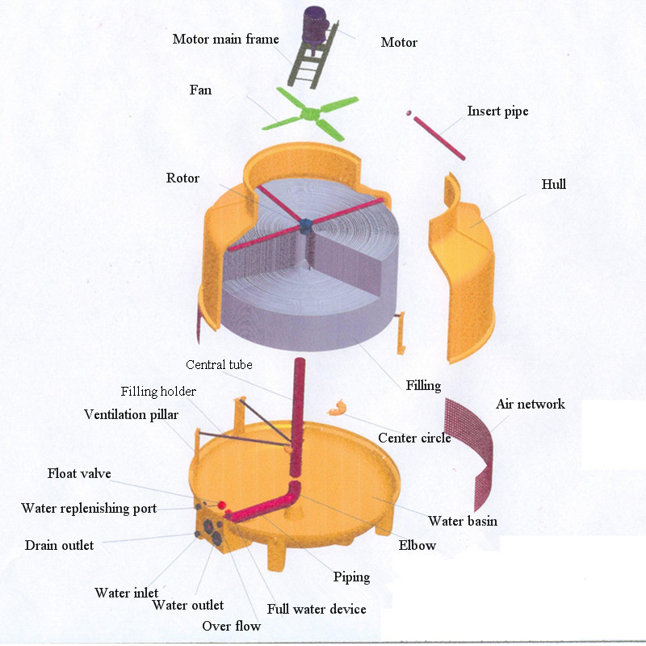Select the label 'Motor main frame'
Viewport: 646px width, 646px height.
point(225,39)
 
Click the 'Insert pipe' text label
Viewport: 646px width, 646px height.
point(497,111)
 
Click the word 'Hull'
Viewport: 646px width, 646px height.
point(553,184)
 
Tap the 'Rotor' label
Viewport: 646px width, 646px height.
point(182,178)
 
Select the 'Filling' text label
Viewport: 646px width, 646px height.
point(423,385)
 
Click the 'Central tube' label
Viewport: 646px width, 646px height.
point(219,365)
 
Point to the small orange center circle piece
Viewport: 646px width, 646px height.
point(337,408)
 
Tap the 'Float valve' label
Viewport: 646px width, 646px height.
point(79,473)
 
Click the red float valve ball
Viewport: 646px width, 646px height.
point(212,504)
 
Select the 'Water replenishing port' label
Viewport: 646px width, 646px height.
point(89,508)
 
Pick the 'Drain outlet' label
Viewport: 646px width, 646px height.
point(59,545)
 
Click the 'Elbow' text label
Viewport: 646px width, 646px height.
point(417,545)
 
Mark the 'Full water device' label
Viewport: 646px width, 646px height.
point(317,609)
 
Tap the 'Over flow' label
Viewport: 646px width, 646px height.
point(232,626)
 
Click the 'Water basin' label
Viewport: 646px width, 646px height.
point(463,521)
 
